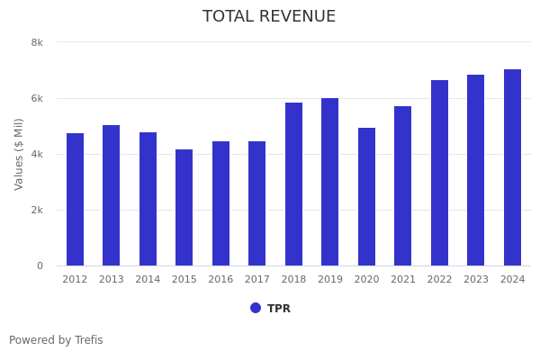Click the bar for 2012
click(x=75, y=200)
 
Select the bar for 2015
click(x=184, y=208)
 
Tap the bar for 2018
click(x=293, y=184)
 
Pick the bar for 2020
click(x=366, y=197)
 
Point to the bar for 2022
click(x=439, y=173)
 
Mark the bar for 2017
click(x=256, y=203)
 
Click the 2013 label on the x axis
click(x=111, y=280)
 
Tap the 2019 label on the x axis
click(x=330, y=280)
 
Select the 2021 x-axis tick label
click(x=403, y=280)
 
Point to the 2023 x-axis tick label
click(x=476, y=280)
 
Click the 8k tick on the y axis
click(x=37, y=42)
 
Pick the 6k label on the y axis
click(x=37, y=98)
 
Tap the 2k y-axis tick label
click(x=37, y=210)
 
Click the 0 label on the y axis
click(x=40, y=265)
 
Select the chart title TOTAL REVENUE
click(x=269, y=17)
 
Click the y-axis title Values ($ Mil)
click(x=19, y=154)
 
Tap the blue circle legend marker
click(x=256, y=308)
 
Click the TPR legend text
click(x=279, y=309)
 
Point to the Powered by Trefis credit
click(x=56, y=340)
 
